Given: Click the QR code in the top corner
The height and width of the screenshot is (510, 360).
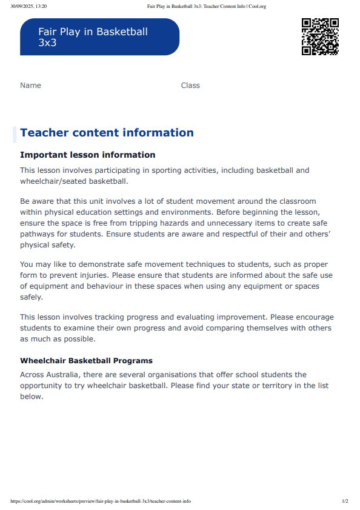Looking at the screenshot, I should tap(320, 37).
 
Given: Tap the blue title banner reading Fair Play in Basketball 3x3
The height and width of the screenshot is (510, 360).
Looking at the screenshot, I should tap(99, 37).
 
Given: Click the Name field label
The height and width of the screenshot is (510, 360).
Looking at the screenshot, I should tap(30, 86).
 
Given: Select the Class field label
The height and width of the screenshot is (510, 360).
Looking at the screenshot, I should tap(190, 86).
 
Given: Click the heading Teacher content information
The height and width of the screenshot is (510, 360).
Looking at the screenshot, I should tap(107, 133).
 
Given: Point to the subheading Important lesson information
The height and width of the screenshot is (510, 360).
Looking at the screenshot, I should tap(87, 155).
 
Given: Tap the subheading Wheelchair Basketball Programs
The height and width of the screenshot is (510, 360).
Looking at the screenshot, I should tap(86, 361).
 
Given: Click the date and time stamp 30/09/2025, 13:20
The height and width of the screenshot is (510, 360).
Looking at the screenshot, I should tap(28, 7).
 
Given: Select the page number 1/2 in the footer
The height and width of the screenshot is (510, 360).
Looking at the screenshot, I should tap(345, 502).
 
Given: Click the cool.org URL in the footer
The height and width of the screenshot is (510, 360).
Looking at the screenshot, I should tap(101, 502).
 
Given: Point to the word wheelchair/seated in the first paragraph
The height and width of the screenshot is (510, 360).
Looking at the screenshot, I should tap(56, 181).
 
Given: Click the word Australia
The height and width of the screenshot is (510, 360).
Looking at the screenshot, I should tap(70, 375).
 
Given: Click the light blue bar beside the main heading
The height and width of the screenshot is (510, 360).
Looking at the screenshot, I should tap(15, 134).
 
